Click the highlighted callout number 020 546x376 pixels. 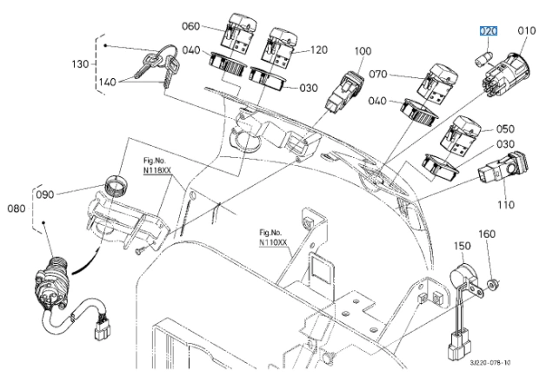coord(489,31)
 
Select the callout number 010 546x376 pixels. coord(527,31)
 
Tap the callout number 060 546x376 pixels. coord(191,26)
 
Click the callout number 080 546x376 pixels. coord(17,208)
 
